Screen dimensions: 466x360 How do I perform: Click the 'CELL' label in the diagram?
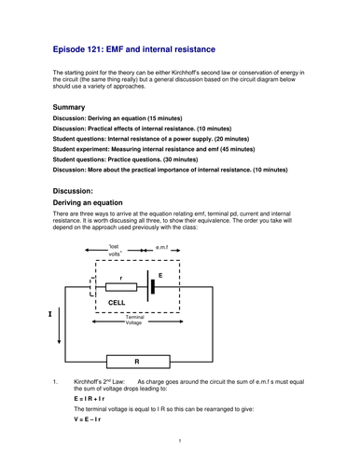(x=117, y=303)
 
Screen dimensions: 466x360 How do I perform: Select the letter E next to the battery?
(x=160, y=276)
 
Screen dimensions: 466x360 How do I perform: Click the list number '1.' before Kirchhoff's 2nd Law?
(x=56, y=380)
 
